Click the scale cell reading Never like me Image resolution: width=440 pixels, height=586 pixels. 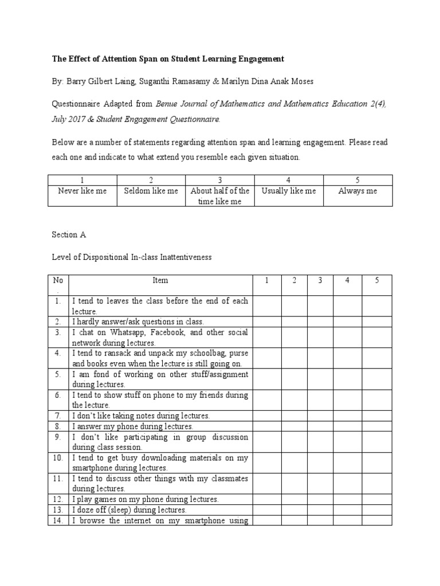pyautogui.click(x=82, y=191)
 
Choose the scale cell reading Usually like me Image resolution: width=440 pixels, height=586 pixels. pyautogui.click(x=289, y=191)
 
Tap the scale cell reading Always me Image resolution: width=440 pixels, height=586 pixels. pyautogui.click(x=358, y=191)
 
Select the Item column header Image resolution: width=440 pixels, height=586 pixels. pyautogui.click(x=160, y=280)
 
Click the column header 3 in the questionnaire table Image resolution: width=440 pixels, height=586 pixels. pyautogui.click(x=321, y=280)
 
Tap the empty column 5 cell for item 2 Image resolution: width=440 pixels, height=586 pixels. pyautogui.click(x=377, y=322)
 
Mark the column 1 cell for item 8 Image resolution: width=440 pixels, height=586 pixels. pyautogui.click(x=267, y=426)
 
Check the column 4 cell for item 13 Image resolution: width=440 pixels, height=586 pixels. pyautogui.click(x=348, y=510)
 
